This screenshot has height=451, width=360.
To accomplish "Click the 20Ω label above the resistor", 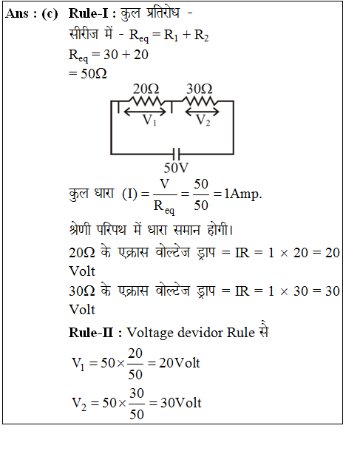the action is click(146, 89).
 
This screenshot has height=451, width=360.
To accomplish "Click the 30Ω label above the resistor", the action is click(200, 89).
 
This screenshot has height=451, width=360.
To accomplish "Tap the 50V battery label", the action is click(176, 168).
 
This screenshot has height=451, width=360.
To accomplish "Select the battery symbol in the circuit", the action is click(176, 154).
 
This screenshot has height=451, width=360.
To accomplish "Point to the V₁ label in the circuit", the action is click(149, 120).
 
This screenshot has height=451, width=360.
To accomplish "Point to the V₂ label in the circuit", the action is click(203, 120).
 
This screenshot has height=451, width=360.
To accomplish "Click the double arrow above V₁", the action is click(145, 112).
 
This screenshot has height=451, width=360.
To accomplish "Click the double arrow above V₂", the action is click(202, 112).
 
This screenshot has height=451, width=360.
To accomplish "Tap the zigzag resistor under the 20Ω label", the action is click(146, 101).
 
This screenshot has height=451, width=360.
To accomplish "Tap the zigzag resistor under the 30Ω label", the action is click(200, 101).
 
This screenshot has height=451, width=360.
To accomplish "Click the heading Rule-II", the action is click(91, 333).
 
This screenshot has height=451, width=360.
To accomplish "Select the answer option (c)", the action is click(50, 14).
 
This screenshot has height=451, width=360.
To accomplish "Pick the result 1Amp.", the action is click(243, 194).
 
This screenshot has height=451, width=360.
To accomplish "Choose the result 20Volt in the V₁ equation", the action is click(180, 363).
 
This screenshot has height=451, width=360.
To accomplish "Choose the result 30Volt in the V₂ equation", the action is click(181, 403).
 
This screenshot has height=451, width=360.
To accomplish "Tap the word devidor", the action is click(200, 333).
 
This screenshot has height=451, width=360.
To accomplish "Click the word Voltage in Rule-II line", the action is click(150, 333).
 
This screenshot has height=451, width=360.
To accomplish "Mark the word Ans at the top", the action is click(17, 13).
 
